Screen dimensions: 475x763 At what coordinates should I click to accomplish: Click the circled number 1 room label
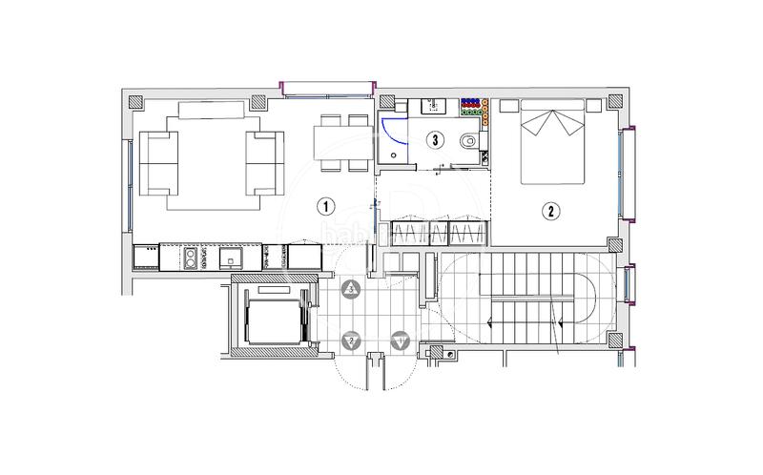pos(325,206)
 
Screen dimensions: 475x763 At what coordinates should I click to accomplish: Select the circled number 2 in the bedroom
pos(550,210)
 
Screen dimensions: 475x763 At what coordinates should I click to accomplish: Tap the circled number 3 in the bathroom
pos(435,140)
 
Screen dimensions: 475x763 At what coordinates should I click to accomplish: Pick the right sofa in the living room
pos(265,162)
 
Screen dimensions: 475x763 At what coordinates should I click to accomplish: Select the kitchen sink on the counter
pos(231,257)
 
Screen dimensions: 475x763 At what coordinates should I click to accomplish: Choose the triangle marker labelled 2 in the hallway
pos(352,340)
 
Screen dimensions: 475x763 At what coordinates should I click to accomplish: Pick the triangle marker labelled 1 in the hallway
pos(400,340)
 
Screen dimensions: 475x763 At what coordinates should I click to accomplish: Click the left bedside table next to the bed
pos(507,106)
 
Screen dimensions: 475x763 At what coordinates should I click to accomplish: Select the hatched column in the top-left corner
pos(134,100)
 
